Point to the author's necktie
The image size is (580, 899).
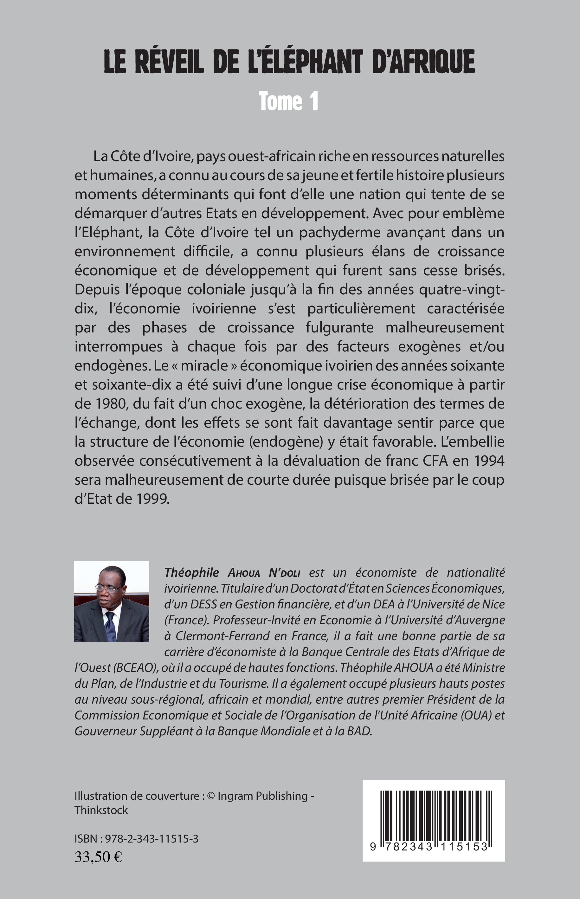click(x=110, y=626)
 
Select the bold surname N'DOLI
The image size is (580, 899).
click(x=284, y=573)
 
